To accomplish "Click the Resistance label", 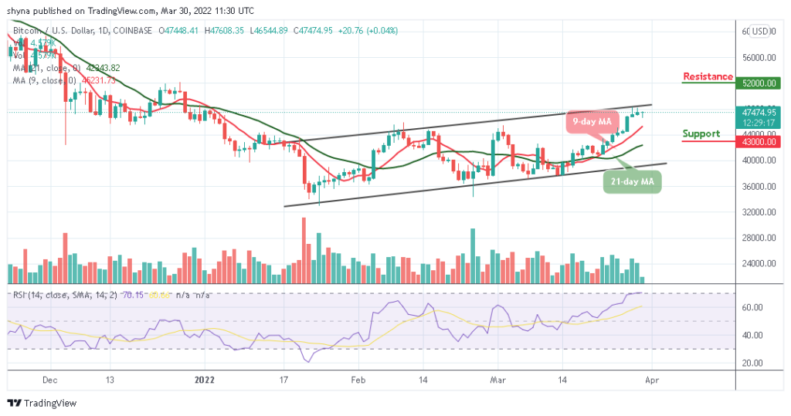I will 708,76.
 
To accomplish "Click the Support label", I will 701,134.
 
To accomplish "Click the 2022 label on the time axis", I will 205,380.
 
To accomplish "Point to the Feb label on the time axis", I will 358,380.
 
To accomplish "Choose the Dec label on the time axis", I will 51,380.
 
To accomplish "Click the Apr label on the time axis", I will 652,380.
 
